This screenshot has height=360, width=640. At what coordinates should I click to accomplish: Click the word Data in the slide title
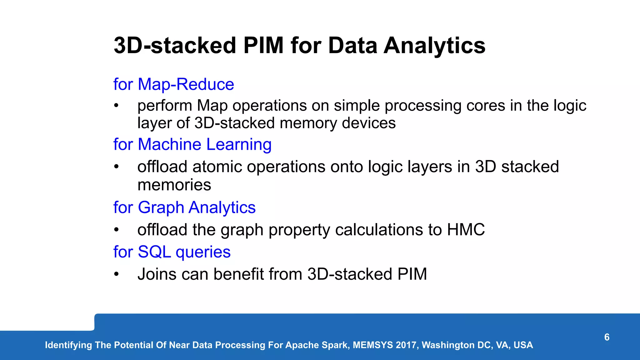pyautogui.click(x=353, y=46)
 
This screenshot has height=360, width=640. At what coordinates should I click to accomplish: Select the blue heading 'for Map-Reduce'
pyautogui.click(x=174, y=84)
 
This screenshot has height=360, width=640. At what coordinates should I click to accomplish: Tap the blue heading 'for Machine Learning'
pyautogui.click(x=192, y=144)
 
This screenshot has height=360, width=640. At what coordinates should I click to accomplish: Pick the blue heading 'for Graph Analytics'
pyautogui.click(x=184, y=207)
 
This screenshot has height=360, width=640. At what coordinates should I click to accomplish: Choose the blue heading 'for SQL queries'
pyautogui.click(x=172, y=252)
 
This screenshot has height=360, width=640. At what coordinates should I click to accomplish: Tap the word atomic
pyautogui.click(x=217, y=167)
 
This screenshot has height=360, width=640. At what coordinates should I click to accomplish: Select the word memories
pyautogui.click(x=174, y=185)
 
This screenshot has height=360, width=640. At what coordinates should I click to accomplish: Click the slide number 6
pyautogui.click(x=607, y=337)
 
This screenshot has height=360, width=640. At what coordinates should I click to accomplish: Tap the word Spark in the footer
pyautogui.click(x=336, y=345)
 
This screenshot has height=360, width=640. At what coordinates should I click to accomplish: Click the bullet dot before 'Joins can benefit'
pyautogui.click(x=117, y=274)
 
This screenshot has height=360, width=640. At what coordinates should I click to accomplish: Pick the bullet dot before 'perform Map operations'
pyautogui.click(x=117, y=106)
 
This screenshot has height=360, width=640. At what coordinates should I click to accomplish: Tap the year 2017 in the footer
pyautogui.click(x=406, y=345)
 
